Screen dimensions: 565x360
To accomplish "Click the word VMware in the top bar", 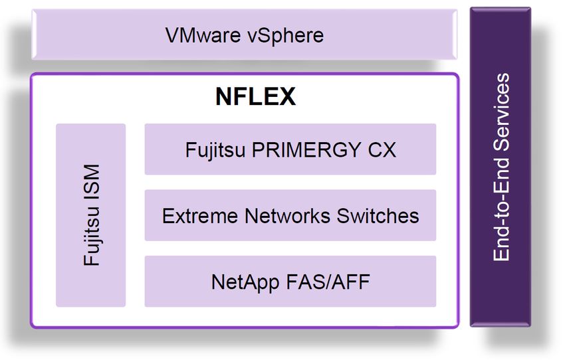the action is tap(203, 35).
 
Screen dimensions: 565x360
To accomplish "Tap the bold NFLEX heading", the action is tap(255, 96).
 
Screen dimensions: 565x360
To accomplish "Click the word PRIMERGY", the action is tap(306, 149).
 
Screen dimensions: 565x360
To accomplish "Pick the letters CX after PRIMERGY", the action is tap(382, 149).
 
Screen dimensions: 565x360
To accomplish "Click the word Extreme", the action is tap(200, 216).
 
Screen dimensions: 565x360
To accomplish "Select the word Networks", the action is tap(287, 216).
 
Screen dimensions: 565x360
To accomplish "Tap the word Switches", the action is tap(378, 216).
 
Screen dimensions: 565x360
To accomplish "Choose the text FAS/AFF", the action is tap(328, 282).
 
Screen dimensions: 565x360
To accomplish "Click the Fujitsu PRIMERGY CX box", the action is tap(290, 149).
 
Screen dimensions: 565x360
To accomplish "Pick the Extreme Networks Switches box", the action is tap(290, 215).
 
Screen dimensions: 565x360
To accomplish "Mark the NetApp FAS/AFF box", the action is tap(290, 282).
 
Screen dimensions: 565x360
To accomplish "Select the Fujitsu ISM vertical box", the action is tap(91, 215).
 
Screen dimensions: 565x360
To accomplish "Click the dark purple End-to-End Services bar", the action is tap(501, 167).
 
